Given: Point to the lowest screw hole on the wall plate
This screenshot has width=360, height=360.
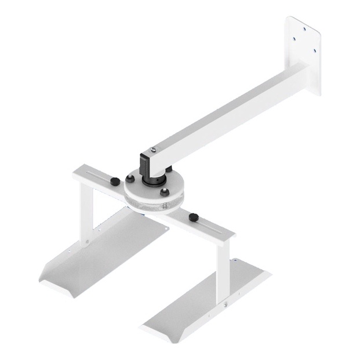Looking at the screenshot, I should (x=314, y=51).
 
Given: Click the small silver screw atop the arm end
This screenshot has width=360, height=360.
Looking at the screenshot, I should (x=153, y=150).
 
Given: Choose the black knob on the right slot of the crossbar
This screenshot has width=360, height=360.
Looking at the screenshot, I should (x=192, y=217).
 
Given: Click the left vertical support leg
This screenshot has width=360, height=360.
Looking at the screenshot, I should (x=86, y=214).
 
